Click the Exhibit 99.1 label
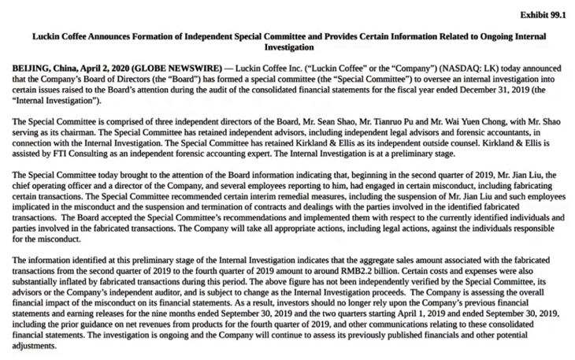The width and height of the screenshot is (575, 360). [x=543, y=14]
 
